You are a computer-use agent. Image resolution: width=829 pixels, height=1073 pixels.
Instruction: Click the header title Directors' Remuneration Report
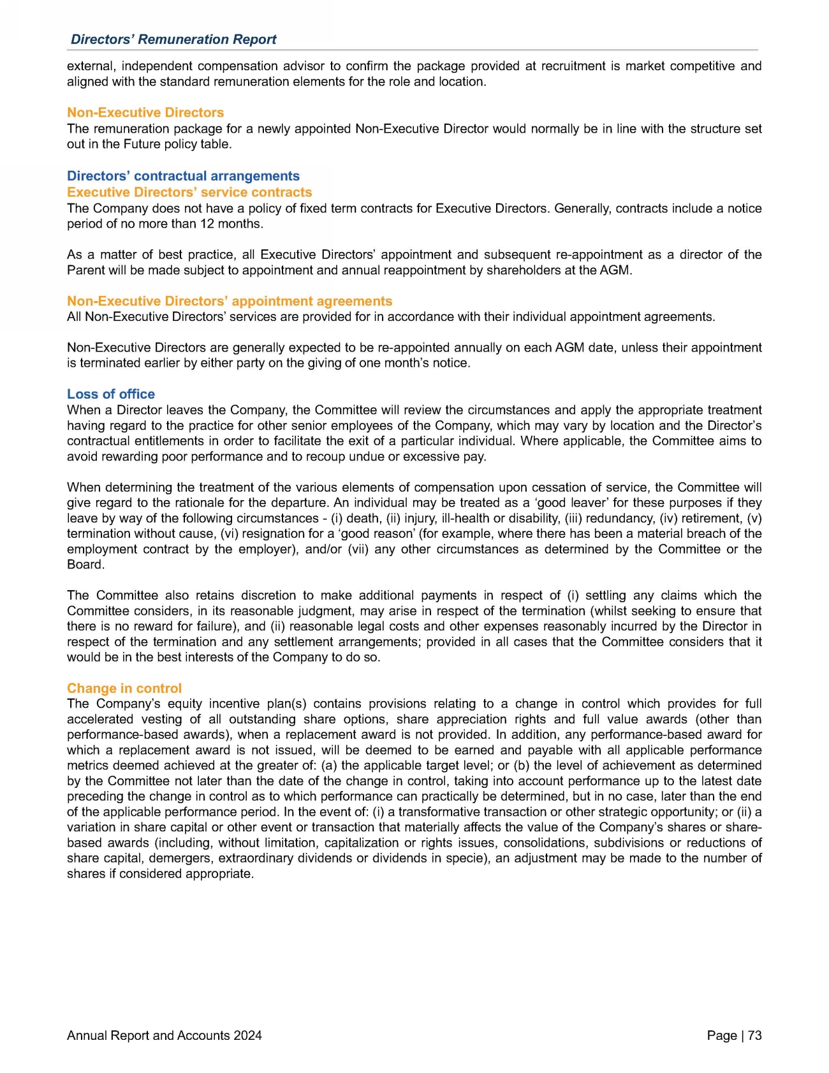coord(173,40)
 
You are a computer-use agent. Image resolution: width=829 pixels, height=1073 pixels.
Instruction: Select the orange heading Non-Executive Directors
coord(145,113)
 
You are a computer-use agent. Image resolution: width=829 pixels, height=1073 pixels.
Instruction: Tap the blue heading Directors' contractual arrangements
coord(183,176)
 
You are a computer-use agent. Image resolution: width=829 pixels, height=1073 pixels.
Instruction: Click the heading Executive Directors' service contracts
coord(189,192)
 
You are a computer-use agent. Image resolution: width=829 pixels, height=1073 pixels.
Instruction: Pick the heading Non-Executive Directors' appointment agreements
coord(230,301)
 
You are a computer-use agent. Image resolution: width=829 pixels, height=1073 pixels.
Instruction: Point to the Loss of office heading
coord(111,394)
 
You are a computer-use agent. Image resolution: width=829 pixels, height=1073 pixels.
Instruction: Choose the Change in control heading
coord(124,688)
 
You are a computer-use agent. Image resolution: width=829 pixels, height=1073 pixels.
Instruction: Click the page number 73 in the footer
coord(754,1036)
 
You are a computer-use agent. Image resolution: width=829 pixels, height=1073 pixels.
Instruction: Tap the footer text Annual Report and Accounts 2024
coord(165,1036)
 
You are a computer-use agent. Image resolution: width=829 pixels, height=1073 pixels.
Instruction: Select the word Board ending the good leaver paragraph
coord(84,565)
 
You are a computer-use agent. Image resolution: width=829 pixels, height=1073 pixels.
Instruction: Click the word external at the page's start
coord(90,66)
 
